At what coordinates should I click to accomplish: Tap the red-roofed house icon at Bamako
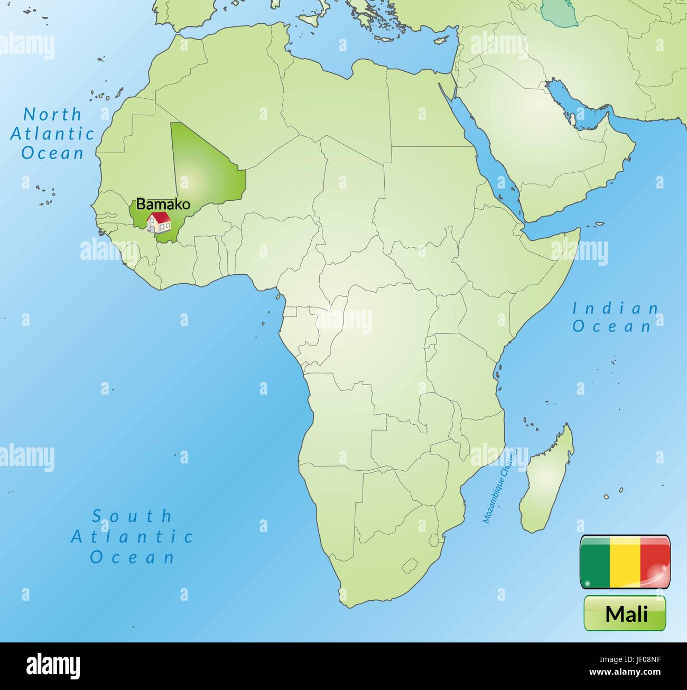[159, 222]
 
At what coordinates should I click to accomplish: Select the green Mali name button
[625, 613]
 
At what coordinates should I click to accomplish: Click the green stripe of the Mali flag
[595, 562]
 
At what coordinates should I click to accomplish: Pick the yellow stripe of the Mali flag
[625, 562]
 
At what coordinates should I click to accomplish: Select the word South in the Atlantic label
[133, 516]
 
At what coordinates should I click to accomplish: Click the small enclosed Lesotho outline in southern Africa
[410, 567]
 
